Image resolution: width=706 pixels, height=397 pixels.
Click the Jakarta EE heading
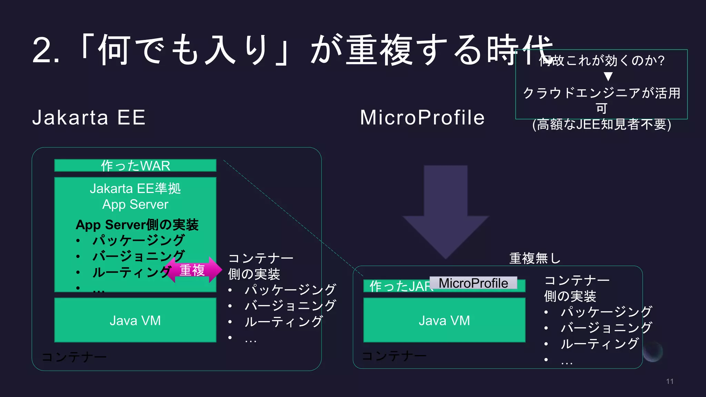(89, 118)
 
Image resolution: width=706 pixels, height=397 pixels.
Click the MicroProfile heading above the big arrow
(422, 118)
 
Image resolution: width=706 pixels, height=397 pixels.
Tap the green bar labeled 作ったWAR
(135, 166)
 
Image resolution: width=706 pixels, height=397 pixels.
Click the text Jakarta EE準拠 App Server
(135, 196)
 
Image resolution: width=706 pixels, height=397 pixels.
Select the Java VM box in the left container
(135, 320)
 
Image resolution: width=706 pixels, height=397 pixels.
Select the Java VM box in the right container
(444, 320)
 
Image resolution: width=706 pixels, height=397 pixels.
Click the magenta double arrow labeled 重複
(193, 270)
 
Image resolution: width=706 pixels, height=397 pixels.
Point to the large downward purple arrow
(445, 214)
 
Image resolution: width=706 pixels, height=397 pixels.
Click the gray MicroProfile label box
(473, 283)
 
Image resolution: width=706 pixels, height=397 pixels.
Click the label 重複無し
(535, 258)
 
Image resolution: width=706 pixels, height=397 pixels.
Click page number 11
(669, 381)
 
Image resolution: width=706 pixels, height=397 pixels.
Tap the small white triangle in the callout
(608, 76)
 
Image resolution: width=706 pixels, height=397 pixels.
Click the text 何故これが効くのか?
(602, 61)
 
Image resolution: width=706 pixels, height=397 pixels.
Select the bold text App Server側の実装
(137, 225)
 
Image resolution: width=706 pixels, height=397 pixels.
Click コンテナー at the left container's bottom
(74, 357)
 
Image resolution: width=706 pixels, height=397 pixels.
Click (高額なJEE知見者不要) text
(602, 124)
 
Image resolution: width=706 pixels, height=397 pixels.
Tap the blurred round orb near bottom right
(653, 352)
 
